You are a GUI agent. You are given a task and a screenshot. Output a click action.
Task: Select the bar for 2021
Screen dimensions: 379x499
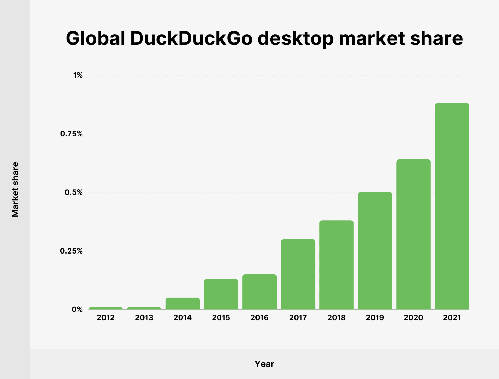point(452,206)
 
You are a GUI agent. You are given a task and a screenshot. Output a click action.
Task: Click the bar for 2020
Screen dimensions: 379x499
point(413,234)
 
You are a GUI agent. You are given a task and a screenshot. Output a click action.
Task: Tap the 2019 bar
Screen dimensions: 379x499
point(375,251)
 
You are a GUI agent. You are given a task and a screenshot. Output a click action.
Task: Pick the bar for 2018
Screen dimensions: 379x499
point(336,265)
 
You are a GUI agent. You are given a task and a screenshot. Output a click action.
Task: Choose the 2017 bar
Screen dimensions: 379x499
point(298,274)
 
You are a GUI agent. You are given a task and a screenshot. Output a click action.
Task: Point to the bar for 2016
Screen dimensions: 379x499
point(259,292)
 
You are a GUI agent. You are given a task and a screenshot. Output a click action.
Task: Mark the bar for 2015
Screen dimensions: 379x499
point(221,294)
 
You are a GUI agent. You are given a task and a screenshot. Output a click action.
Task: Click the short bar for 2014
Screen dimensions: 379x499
point(182,303)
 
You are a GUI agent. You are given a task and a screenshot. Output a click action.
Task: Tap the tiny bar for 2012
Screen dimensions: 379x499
point(106,308)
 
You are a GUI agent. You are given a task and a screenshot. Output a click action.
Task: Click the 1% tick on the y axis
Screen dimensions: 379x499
point(78,75)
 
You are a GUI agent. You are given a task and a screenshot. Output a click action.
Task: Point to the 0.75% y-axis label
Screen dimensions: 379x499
point(71,134)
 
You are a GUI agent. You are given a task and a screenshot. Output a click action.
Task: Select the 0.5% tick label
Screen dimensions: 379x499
point(74,192)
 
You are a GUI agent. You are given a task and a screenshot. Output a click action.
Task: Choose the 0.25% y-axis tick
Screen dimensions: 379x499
point(71,251)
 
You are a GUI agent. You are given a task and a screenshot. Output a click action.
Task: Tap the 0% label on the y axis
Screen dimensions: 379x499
point(77,309)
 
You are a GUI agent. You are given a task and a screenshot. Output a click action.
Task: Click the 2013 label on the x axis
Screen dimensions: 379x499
point(144,317)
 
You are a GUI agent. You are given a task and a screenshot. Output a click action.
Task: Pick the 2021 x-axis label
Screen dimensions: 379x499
point(452,317)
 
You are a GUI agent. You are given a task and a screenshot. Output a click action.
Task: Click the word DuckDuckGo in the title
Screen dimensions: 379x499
point(191,38)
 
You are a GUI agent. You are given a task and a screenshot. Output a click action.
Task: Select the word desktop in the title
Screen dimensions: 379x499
point(295,38)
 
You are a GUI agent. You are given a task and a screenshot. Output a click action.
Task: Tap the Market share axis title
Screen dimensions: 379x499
point(15,189)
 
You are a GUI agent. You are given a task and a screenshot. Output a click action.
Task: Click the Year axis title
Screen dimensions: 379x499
point(264,364)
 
